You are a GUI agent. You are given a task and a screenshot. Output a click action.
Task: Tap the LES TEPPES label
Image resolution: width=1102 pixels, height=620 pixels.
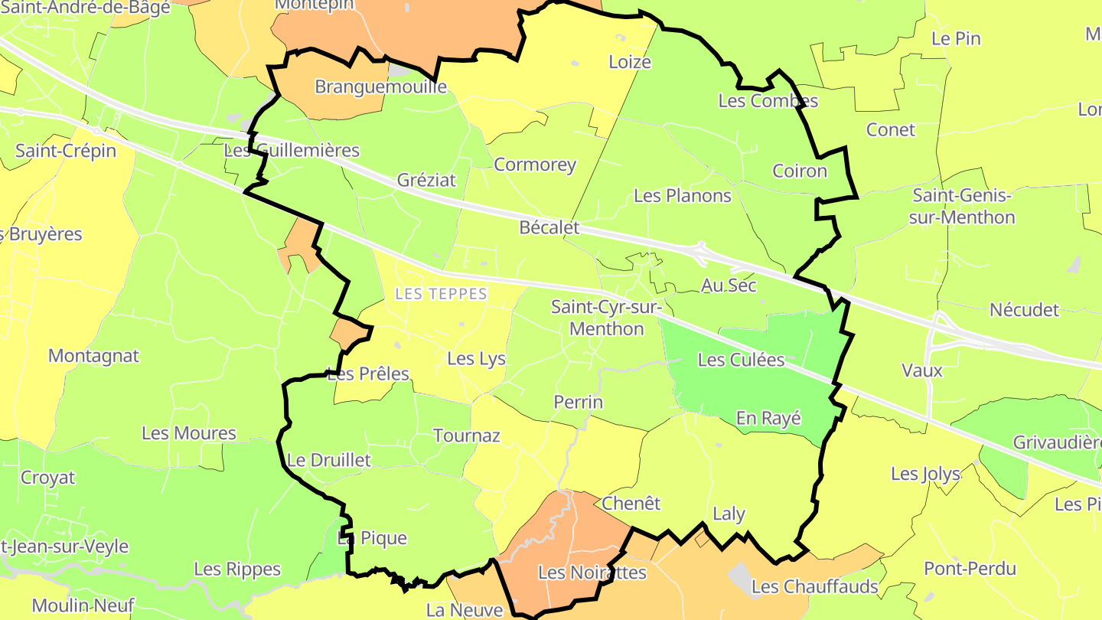[x=441, y=294]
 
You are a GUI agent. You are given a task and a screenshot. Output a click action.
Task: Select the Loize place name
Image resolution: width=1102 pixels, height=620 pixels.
[x=630, y=62]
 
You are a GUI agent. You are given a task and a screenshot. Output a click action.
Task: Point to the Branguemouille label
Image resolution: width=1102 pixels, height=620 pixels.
[x=380, y=86]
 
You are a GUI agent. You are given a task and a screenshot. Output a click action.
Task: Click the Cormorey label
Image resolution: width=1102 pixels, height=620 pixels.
[x=535, y=165]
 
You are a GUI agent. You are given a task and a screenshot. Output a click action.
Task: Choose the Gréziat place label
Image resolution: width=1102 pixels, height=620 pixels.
[x=426, y=180]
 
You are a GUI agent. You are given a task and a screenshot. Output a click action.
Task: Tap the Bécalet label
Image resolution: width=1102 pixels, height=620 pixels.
[x=549, y=227]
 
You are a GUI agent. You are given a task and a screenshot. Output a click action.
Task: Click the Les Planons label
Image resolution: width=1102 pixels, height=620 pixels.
[x=683, y=196]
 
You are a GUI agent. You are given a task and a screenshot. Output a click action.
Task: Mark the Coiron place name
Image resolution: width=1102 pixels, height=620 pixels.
[x=800, y=171]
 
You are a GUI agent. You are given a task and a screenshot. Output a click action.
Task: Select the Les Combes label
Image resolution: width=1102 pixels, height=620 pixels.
[x=768, y=100]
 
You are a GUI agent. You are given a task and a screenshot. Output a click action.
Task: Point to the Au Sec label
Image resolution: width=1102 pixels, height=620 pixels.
[x=729, y=286]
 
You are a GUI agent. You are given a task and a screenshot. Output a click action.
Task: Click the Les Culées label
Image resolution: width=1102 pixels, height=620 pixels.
[x=741, y=359]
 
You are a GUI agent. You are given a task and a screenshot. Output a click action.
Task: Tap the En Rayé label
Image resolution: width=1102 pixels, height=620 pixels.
[x=768, y=418]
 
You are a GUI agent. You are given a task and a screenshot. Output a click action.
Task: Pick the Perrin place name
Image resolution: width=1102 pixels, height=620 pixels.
[x=578, y=402]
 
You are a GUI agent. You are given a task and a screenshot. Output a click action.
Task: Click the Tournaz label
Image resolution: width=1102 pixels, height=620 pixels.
[x=466, y=436]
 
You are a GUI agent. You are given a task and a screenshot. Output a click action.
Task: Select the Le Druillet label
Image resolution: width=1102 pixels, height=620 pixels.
[x=328, y=460]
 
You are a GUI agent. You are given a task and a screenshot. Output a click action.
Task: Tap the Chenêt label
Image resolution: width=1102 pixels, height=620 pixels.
[x=631, y=503]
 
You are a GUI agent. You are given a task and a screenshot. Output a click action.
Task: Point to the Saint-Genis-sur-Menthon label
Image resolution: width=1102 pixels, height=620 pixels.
[x=962, y=207]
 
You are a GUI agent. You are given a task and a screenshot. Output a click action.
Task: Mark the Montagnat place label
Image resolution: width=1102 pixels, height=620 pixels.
[x=93, y=356]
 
